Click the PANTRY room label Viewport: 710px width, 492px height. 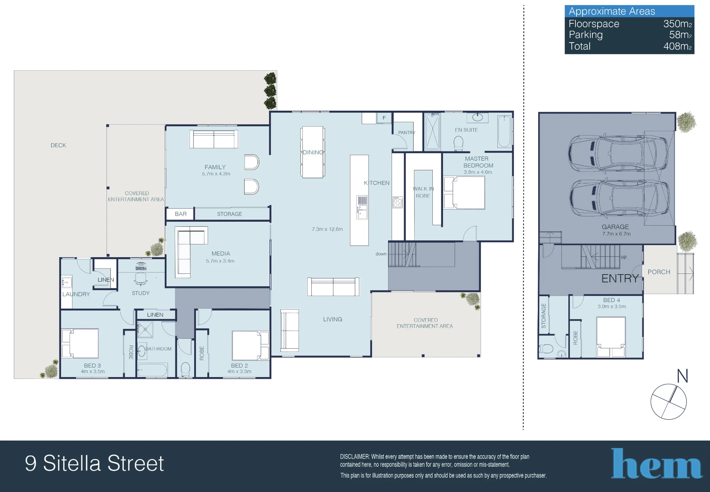coord(406,133)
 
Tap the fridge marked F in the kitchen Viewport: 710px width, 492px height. coord(384,118)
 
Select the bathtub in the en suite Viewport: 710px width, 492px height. coord(504,131)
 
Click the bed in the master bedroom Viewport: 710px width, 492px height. coord(464,193)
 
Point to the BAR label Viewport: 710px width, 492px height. coord(181,214)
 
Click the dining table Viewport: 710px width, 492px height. coord(312,152)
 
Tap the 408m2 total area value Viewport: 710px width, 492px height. coord(677,46)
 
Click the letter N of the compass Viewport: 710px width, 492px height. coord(682,376)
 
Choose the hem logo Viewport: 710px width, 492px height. coord(657,463)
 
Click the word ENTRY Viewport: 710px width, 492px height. coord(620,278)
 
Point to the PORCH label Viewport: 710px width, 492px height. coord(659,272)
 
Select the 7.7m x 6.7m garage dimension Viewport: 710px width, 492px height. coord(616,234)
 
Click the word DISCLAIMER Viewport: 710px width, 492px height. coord(355,457)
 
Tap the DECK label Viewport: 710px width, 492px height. coord(58,145)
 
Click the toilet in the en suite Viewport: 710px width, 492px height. coord(459,143)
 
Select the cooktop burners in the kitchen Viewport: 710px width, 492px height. coord(398,203)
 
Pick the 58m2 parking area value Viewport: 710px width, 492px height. coord(680,35)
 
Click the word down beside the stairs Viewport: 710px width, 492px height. coord(381,254)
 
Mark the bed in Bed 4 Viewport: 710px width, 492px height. coord(611,337)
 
